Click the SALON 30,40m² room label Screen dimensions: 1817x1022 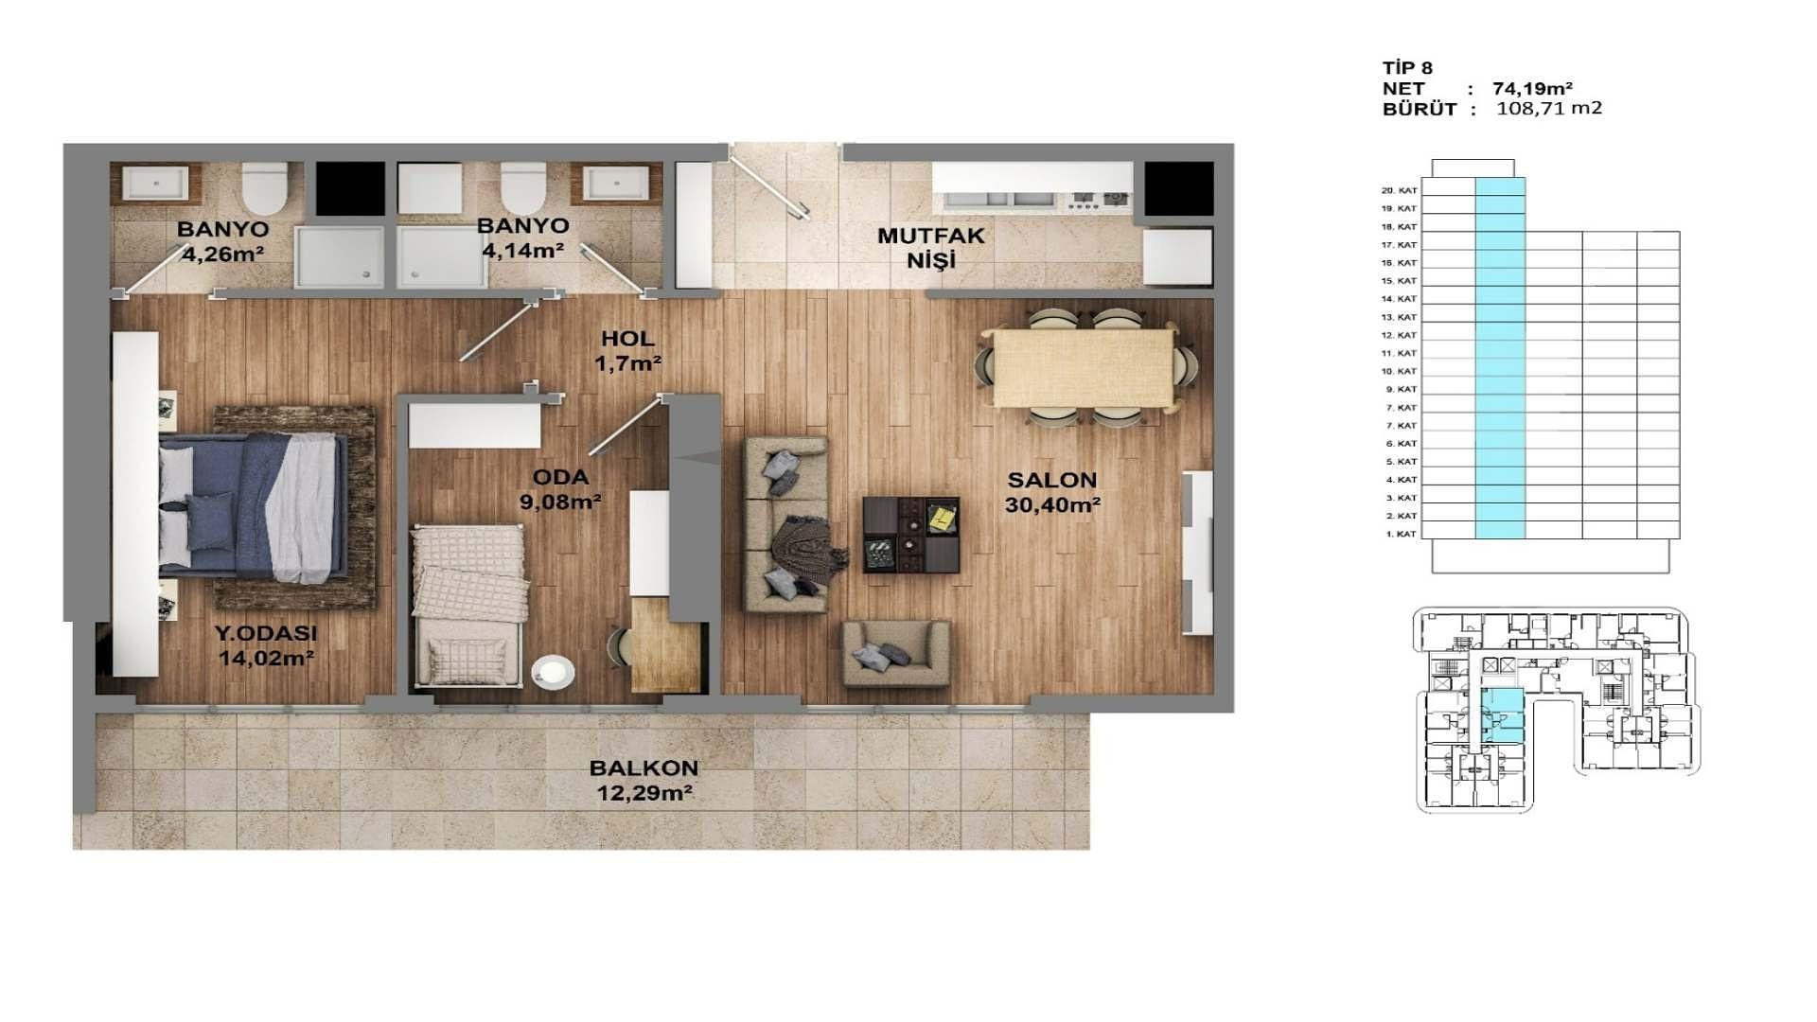tap(1052, 492)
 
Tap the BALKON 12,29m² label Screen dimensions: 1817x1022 tap(644, 781)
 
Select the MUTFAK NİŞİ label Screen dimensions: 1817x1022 tap(931, 247)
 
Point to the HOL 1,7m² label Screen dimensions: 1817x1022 tap(627, 350)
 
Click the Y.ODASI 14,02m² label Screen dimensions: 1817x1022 tap(266, 645)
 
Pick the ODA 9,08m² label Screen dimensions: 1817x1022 tap(560, 489)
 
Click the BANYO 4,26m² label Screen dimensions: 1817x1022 tap(223, 240)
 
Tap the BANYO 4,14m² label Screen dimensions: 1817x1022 tap(522, 238)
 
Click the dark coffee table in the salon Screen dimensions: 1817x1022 tap(911, 535)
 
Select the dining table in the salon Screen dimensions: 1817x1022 tap(1084, 367)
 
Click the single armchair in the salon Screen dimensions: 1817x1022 tap(895, 653)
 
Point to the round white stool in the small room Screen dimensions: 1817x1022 tap(553, 672)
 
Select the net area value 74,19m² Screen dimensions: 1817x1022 tap(1533, 89)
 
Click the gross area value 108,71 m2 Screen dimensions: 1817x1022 tap(1549, 108)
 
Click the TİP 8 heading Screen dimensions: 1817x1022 tap(1407, 68)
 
